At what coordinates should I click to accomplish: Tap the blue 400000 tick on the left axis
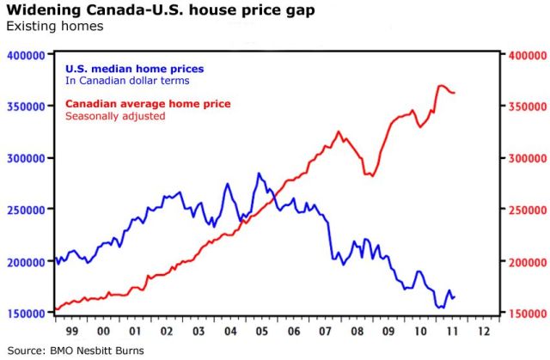coord(26,55)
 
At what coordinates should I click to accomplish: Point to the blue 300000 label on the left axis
coord(26,159)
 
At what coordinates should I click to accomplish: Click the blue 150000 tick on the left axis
coord(26,314)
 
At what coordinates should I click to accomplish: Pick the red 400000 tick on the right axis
coord(523,55)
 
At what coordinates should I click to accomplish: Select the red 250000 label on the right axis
coord(523,211)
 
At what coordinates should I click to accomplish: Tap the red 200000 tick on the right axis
coord(523,262)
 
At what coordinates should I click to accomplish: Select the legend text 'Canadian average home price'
coord(148,104)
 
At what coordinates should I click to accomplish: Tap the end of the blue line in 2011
coord(455,297)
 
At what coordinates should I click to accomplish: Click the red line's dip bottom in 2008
coord(370,175)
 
